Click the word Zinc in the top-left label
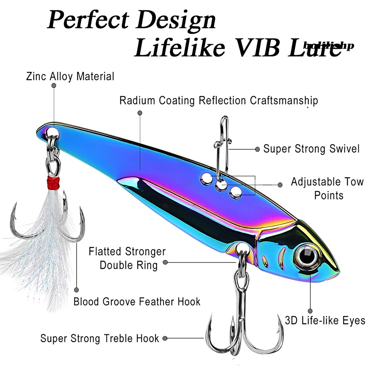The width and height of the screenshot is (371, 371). click(36, 76)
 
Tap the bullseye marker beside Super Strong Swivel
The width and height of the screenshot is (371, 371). click(257, 149)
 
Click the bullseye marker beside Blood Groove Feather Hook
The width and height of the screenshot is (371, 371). click(76, 290)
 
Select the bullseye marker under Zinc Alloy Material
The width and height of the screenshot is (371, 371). click(54, 86)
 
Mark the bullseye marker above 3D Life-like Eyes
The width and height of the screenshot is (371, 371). click(310, 311)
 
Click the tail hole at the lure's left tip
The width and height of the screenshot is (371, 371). click(50, 130)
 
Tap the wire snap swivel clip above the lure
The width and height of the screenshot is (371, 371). click(222, 145)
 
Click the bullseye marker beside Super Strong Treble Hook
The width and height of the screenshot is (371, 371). click(165, 338)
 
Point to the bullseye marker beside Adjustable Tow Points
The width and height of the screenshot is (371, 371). click(280, 185)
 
